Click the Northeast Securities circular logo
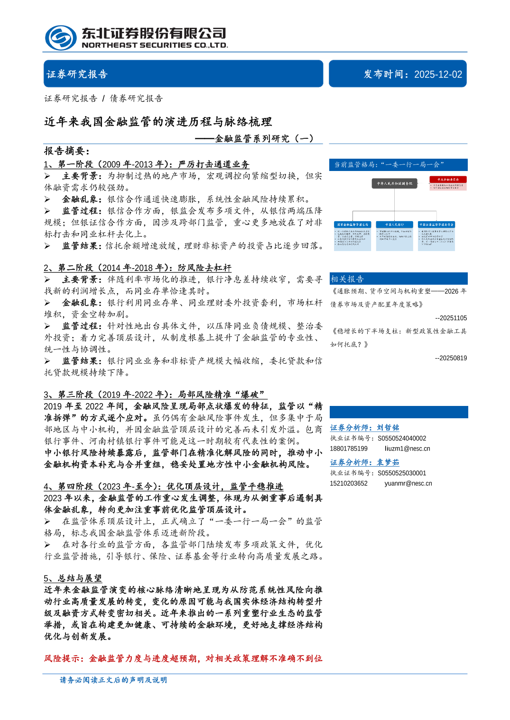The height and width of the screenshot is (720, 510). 61,38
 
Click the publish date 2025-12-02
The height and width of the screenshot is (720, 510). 438,74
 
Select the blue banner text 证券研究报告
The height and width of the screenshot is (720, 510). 77,74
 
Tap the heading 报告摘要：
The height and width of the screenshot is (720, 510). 67,151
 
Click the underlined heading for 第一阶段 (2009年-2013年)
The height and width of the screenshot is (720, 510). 147,164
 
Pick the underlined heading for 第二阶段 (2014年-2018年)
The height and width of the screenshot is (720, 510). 138,268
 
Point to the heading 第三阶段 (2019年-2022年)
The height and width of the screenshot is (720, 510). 155,395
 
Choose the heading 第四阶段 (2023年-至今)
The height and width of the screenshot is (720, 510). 164,486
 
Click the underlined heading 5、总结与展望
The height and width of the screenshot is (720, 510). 73,578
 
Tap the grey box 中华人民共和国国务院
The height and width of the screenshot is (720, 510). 395,183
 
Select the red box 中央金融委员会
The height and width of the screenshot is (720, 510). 448,180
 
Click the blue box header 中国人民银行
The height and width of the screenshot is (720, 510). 394,225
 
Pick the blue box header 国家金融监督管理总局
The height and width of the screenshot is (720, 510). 352,225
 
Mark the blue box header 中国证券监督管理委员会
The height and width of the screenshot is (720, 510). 436,225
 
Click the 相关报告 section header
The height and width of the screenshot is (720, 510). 347,279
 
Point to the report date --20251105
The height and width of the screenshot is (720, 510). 451,318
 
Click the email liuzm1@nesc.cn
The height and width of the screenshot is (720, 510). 407,449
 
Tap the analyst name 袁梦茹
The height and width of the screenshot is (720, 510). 388,462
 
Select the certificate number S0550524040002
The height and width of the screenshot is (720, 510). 402,438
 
